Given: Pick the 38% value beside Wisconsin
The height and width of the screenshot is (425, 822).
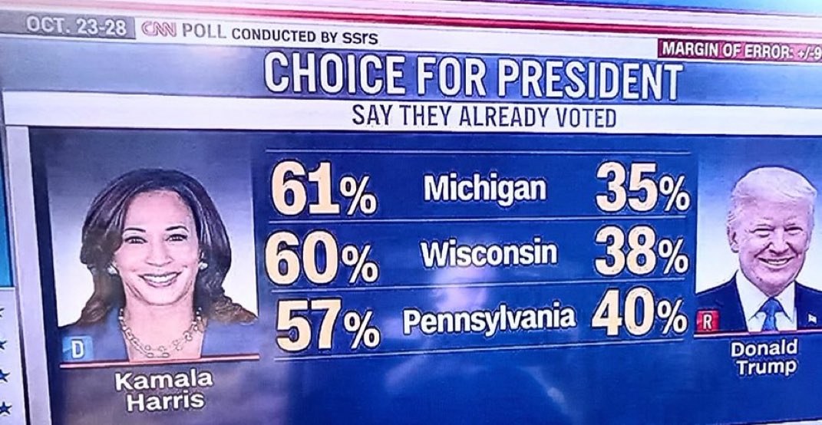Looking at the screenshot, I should pyautogui.click(x=642, y=253).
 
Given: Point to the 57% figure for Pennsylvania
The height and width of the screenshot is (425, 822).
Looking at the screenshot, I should pyautogui.click(x=327, y=321).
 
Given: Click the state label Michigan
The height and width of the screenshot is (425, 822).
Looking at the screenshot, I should pyautogui.click(x=484, y=188).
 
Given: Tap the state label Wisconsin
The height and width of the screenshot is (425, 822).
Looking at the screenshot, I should pyautogui.click(x=488, y=254).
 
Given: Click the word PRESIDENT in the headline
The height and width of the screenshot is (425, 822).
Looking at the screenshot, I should pyautogui.click(x=589, y=81).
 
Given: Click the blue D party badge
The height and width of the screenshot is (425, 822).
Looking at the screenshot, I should pyautogui.click(x=77, y=348).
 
